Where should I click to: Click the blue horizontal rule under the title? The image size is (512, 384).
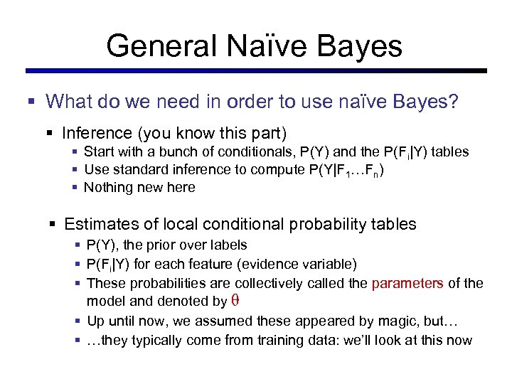(256, 71)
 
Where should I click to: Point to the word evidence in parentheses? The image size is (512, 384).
(270, 265)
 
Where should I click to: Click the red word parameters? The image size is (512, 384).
(407, 283)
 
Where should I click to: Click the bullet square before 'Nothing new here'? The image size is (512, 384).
(76, 188)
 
